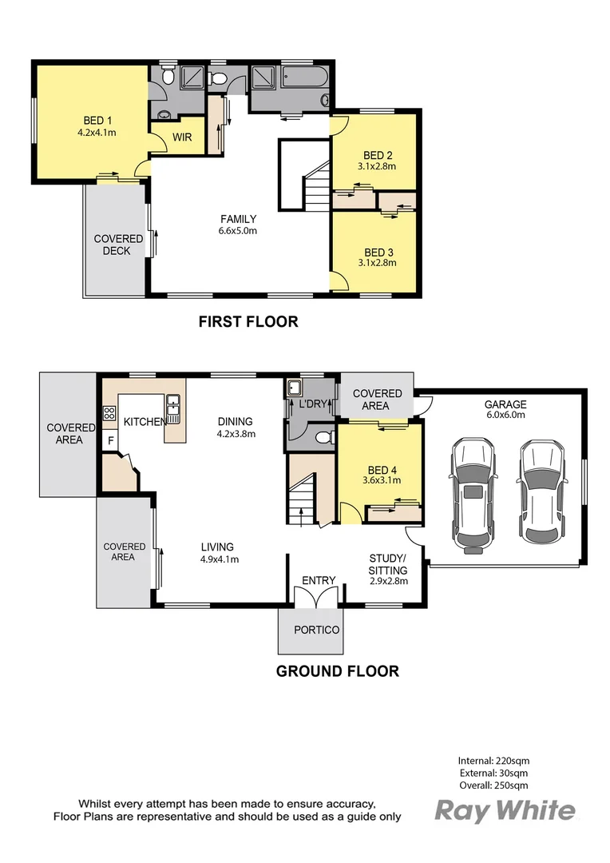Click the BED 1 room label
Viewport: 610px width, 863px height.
click(97, 121)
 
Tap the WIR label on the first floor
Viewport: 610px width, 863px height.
click(182, 137)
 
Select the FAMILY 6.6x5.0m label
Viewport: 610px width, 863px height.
click(238, 225)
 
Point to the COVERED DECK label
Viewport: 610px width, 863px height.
click(117, 245)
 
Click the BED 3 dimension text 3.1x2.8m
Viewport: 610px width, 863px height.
click(378, 263)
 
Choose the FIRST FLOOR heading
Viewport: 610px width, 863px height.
click(248, 321)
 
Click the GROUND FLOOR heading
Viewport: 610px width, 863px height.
click(337, 671)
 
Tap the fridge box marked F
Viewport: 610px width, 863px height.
click(110, 440)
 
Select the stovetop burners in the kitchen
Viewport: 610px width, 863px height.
click(109, 413)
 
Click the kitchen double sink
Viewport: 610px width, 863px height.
click(173, 408)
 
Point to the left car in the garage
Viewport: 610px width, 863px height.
click(473, 495)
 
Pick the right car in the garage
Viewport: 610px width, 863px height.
click(543, 491)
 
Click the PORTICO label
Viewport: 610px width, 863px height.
click(316, 630)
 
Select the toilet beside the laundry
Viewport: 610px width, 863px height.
click(324, 438)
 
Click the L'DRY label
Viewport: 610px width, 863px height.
click(313, 404)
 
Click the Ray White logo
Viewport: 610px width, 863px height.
click(505, 811)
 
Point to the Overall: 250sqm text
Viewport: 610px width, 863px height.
click(493, 785)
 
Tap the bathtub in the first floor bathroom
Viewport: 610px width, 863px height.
click(305, 78)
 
